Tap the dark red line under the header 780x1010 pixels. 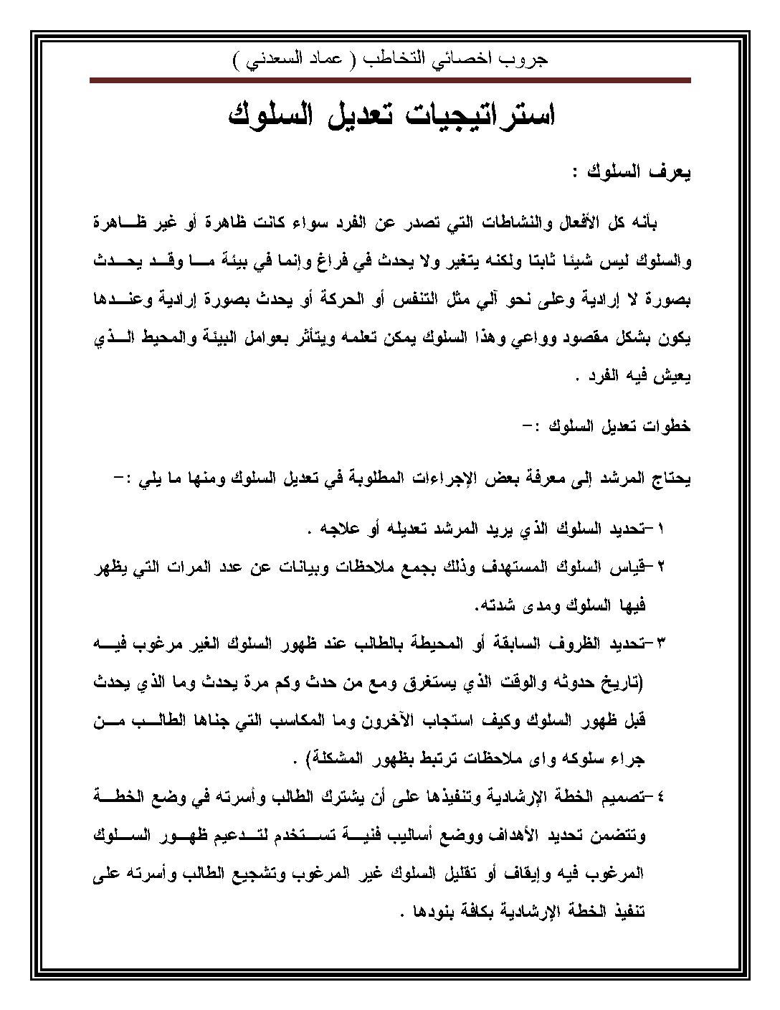pyautogui.click(x=390, y=81)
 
